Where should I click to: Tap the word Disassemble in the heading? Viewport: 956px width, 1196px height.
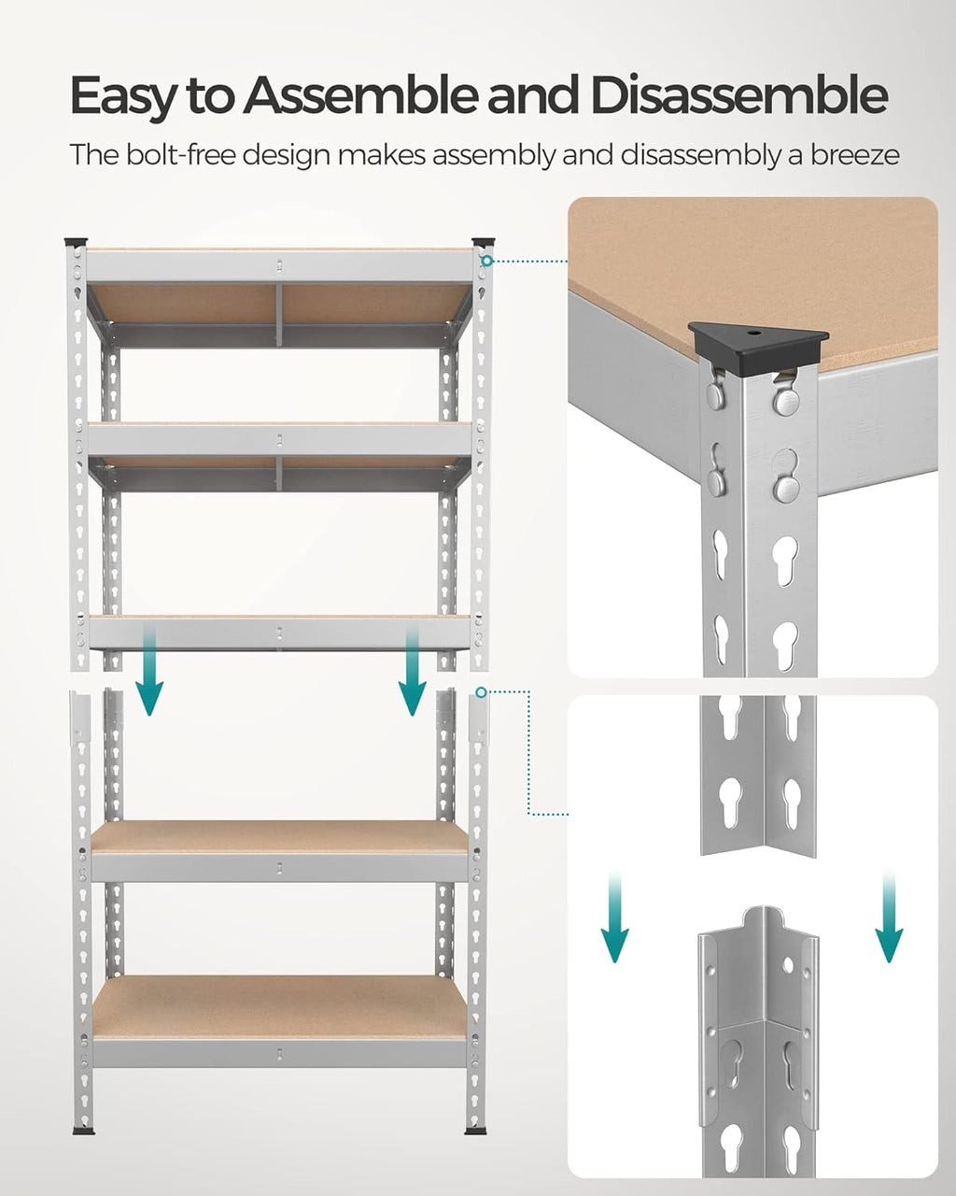pyautogui.click(x=738, y=96)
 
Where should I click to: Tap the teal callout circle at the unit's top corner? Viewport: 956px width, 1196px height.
pyautogui.click(x=485, y=261)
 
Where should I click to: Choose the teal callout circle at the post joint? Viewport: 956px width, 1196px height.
pyautogui.click(x=481, y=692)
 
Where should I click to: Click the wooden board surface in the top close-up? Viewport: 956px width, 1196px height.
pyautogui.click(x=747, y=262)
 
